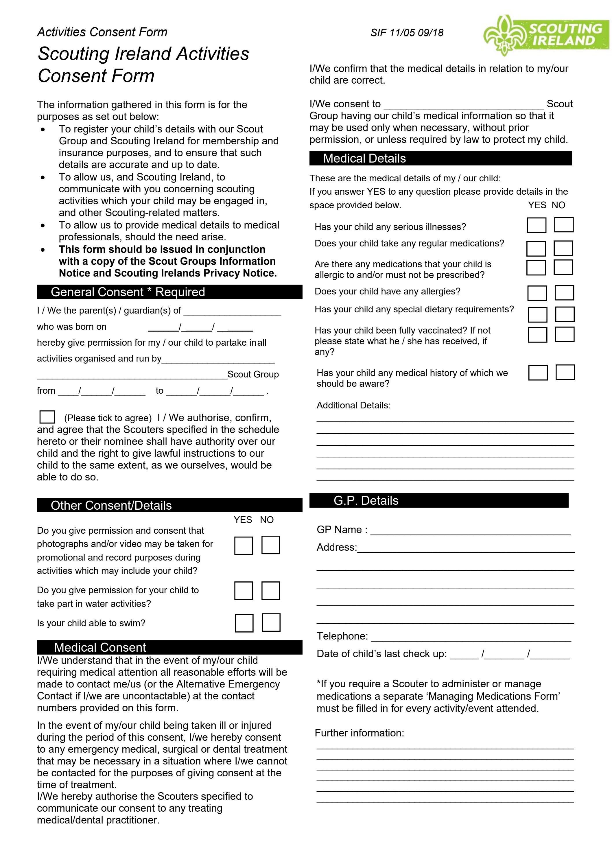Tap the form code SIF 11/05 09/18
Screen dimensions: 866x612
click(x=406, y=33)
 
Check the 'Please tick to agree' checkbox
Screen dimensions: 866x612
click(x=47, y=417)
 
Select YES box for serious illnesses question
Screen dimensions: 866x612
click(x=536, y=225)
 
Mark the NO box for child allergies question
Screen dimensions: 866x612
click(x=564, y=292)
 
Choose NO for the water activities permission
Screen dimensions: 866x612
click(x=270, y=591)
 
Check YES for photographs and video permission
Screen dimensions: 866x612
click(x=243, y=546)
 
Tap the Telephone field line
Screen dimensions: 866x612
click(x=471, y=637)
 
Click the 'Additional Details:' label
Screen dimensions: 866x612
click(x=353, y=406)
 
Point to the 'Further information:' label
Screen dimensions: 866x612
click(x=359, y=733)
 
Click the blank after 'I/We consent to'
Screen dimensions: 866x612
click(x=463, y=104)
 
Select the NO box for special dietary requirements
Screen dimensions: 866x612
click(x=565, y=314)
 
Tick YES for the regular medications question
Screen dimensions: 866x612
click(x=536, y=248)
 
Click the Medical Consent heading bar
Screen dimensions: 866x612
click(x=169, y=647)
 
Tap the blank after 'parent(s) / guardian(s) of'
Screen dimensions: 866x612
click(x=232, y=311)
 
